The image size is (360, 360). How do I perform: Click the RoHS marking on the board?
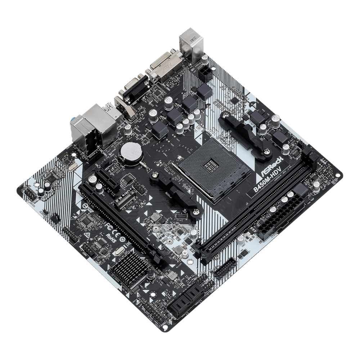(x=111, y=239)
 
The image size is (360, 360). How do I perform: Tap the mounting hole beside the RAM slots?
(x=337, y=175)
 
